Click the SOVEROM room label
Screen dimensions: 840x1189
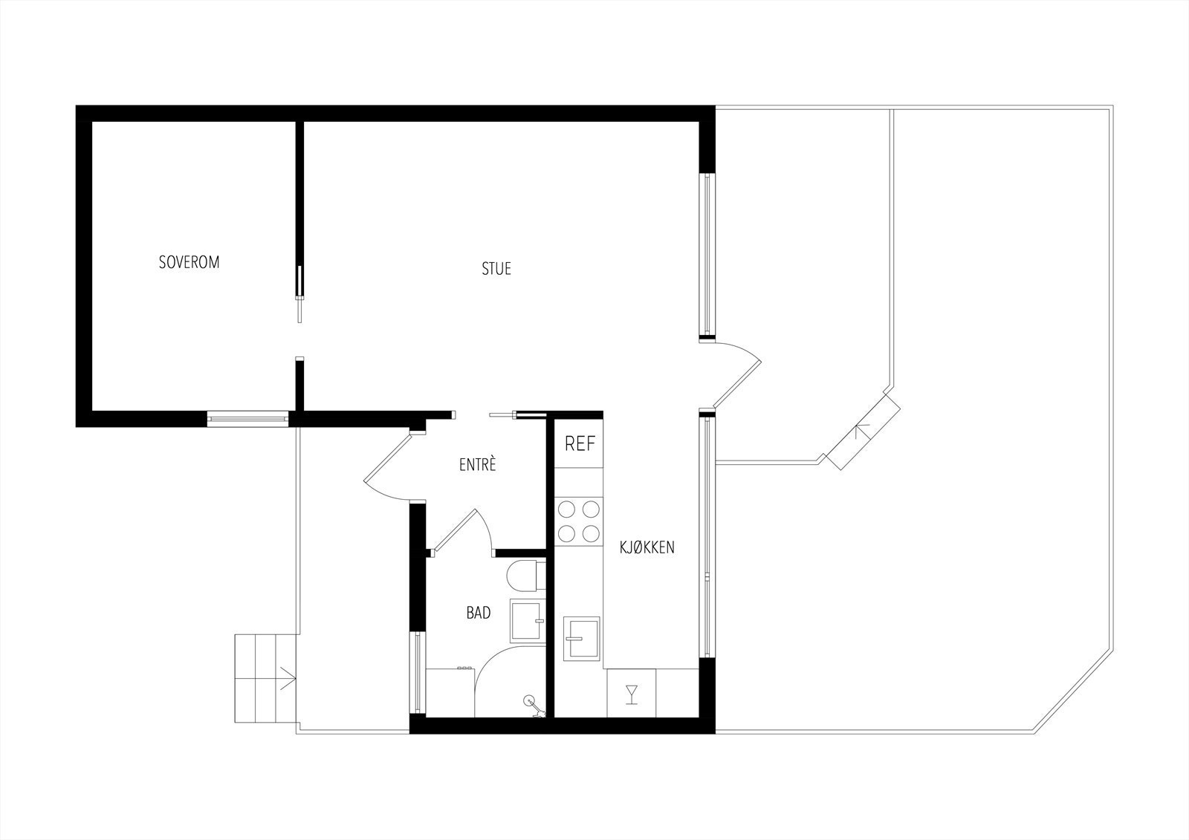pyautogui.click(x=189, y=262)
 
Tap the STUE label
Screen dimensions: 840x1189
pyautogui.click(x=496, y=269)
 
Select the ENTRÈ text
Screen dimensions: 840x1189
pyautogui.click(x=477, y=466)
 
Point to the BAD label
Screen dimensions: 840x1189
pyautogui.click(x=479, y=613)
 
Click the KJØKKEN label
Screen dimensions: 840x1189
pyautogui.click(x=647, y=548)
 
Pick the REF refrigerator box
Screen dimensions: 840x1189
pyautogui.click(x=580, y=444)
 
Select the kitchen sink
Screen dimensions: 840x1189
pyautogui.click(x=582, y=637)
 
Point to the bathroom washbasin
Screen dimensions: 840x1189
pyautogui.click(x=527, y=620)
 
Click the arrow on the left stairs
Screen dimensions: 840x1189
pyautogui.click(x=288, y=677)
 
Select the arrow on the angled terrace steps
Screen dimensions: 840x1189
pyautogui.click(x=862, y=432)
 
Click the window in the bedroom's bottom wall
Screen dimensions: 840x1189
pyautogui.click(x=247, y=419)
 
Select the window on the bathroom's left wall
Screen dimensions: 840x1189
pyautogui.click(x=418, y=671)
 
